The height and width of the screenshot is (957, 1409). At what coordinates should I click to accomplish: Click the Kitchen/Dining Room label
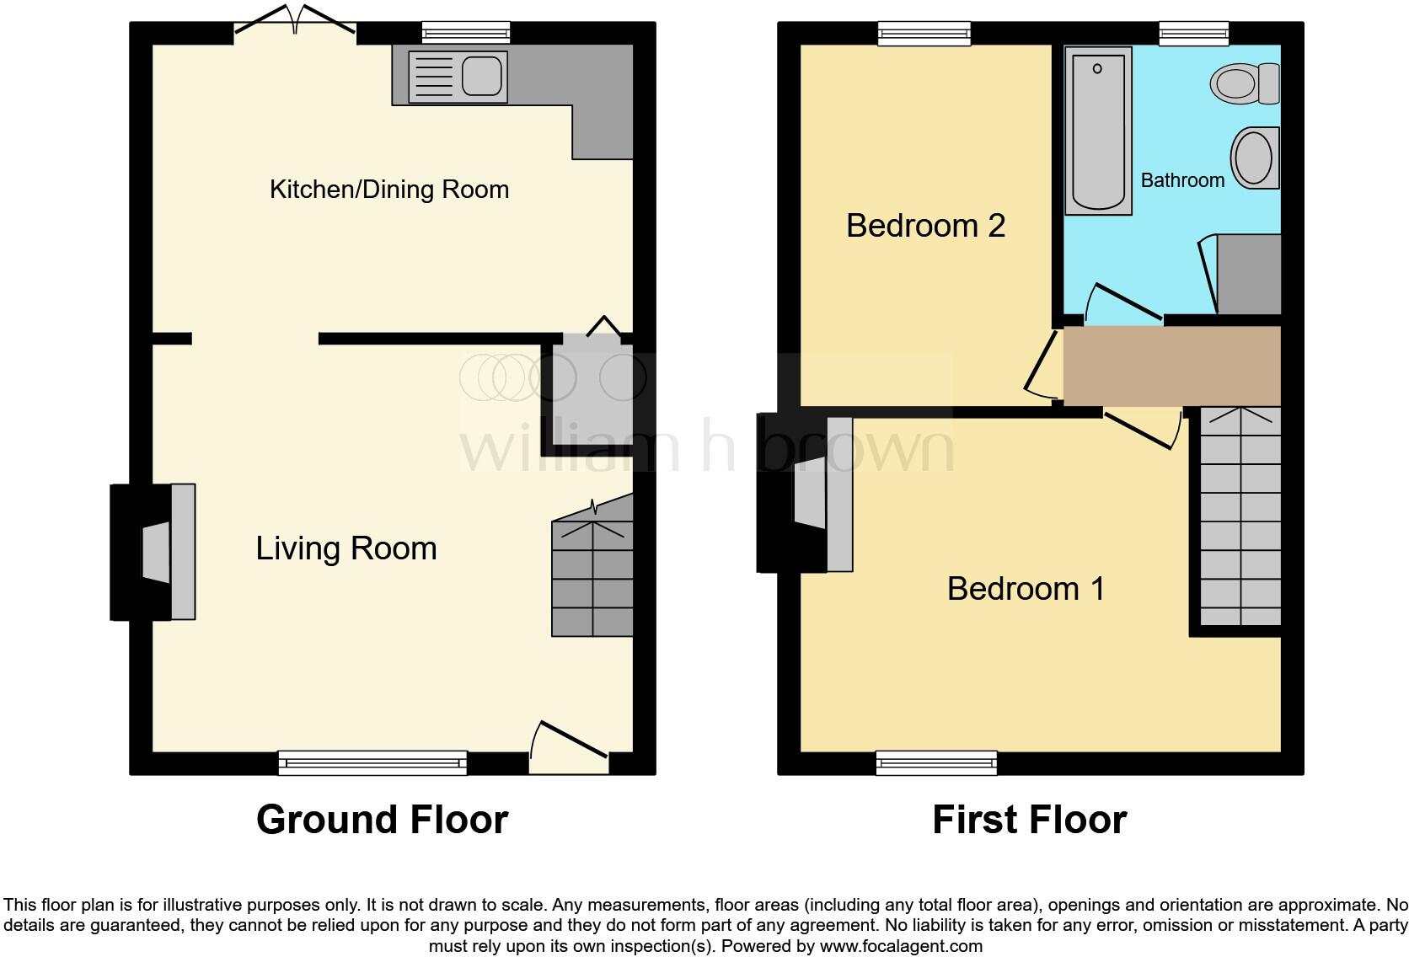coord(389,190)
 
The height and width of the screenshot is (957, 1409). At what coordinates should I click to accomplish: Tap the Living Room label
coord(346,548)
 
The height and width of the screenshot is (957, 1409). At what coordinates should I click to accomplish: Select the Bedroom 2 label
coord(925,226)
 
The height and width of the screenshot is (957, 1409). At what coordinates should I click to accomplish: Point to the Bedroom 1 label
coord(1026,589)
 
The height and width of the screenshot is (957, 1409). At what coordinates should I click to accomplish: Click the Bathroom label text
coord(1182,180)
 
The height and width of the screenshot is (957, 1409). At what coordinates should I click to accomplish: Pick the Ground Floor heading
coord(383,820)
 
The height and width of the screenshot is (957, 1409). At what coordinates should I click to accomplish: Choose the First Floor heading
coord(1030,820)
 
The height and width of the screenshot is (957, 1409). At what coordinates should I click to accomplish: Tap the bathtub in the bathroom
coord(1098,131)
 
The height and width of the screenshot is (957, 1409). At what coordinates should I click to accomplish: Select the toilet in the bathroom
coord(1245,83)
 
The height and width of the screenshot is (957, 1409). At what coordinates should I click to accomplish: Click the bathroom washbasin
coord(1255,158)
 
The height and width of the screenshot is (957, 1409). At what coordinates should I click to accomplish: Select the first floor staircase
coord(1240,516)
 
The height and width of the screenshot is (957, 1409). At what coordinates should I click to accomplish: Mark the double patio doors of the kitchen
coord(295,20)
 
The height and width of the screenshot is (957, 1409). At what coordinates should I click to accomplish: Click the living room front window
coord(373,762)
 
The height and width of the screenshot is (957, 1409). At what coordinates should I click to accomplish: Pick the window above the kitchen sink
coord(466,33)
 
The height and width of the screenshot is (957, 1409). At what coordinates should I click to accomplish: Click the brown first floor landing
coord(1172,366)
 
